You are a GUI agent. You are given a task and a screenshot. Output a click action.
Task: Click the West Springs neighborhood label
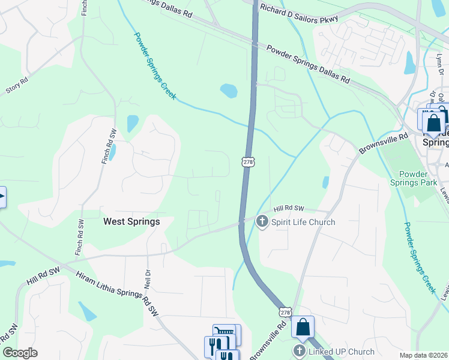(131, 221)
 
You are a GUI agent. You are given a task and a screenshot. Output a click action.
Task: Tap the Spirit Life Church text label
(303, 222)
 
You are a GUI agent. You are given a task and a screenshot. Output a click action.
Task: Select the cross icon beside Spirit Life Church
(262, 222)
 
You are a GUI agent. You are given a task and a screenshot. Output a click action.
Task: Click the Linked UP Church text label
(342, 352)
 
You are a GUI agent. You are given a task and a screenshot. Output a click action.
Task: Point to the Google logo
(20, 353)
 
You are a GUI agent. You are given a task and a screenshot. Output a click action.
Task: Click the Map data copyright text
(423, 355)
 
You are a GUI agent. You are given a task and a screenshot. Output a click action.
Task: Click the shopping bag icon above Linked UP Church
(303, 328)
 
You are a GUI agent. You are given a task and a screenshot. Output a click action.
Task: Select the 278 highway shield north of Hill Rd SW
(247, 162)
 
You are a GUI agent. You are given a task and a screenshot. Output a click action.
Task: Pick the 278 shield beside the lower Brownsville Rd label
(286, 313)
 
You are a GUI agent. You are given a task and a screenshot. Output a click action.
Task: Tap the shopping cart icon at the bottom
(224, 332)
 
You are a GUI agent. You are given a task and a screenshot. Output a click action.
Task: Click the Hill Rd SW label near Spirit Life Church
(289, 209)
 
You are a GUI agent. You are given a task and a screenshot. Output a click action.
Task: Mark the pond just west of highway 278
(229, 91)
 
